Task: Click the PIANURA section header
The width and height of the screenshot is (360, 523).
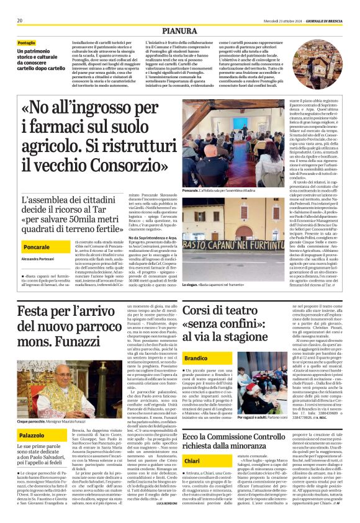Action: pyautogui.click(x=181, y=30)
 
